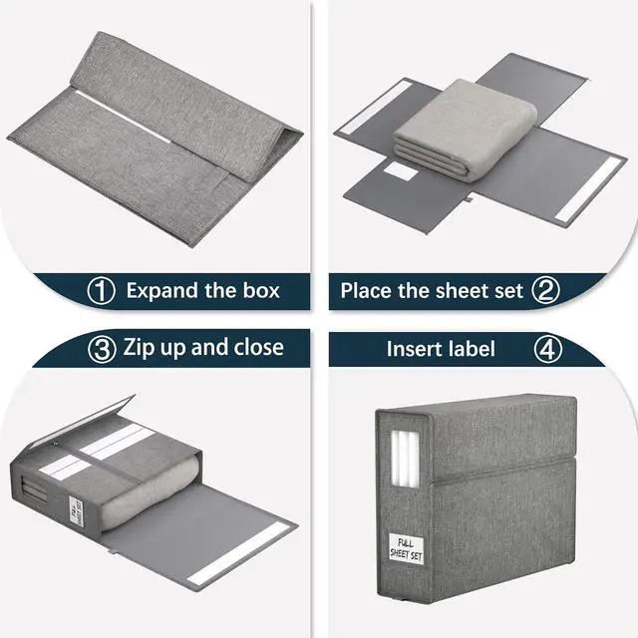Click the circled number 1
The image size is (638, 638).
101,291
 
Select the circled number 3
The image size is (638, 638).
101,348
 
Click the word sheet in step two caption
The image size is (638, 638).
461,291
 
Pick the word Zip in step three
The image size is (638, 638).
142,348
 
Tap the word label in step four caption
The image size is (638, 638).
473,350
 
